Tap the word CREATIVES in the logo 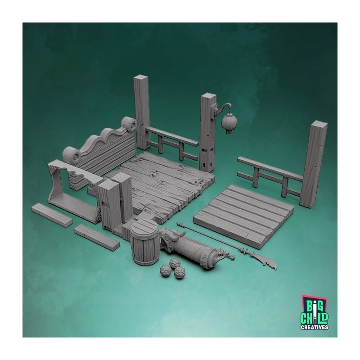(314, 327)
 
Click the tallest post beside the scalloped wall (142, 112)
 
